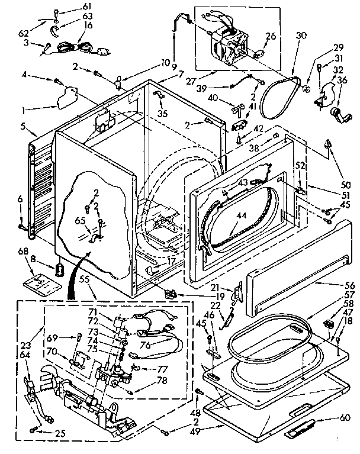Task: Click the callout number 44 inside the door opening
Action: point(240,215)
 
